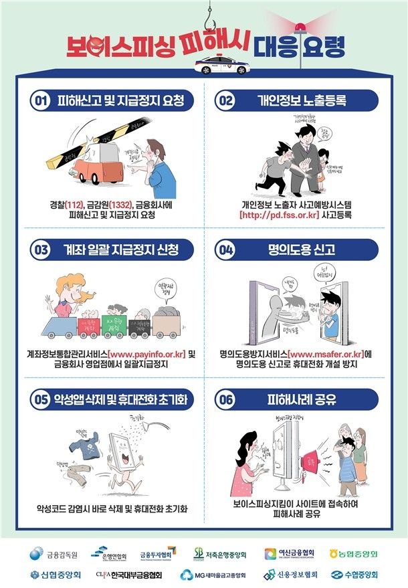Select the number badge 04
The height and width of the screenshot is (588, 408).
coord(225,250)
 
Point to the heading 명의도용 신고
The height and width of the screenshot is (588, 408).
coord(298,250)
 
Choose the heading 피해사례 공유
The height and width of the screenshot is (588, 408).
coord(298,400)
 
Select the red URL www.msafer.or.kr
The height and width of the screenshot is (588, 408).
coord(328,354)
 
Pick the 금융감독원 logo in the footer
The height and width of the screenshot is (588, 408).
coord(54,554)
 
